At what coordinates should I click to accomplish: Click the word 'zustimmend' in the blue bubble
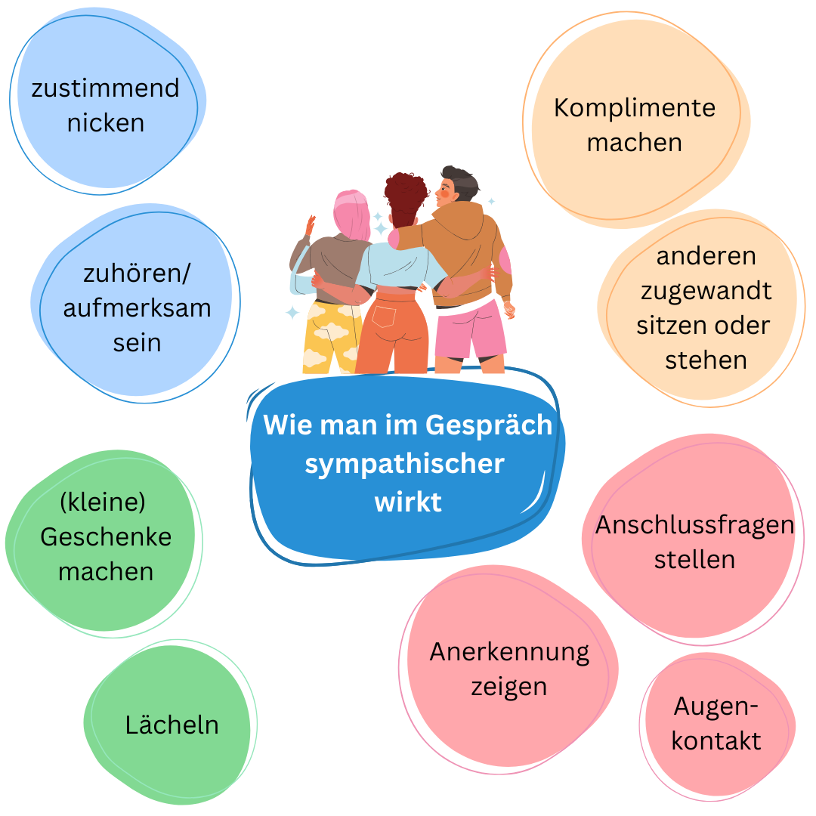(x=106, y=88)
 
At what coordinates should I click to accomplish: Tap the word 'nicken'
(x=106, y=123)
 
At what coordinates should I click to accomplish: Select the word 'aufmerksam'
(x=138, y=308)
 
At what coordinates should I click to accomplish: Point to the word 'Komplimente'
(x=635, y=108)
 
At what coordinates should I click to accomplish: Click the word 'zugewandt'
(x=706, y=291)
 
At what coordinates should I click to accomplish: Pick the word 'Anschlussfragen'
(x=695, y=525)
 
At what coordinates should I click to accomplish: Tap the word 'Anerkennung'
(x=509, y=653)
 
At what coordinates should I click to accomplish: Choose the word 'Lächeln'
(x=172, y=725)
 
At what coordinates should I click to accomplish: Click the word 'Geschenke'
(x=106, y=536)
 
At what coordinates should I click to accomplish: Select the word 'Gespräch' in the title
(x=489, y=425)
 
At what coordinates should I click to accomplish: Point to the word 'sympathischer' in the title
(x=404, y=464)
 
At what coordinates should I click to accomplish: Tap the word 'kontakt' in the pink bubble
(x=716, y=741)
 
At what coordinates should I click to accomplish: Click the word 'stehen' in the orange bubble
(x=706, y=360)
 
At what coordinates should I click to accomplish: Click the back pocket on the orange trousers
(x=384, y=316)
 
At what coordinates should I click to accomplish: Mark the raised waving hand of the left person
(x=311, y=225)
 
